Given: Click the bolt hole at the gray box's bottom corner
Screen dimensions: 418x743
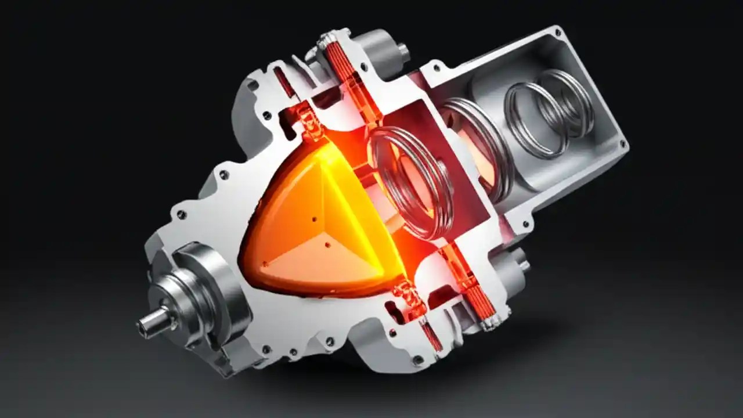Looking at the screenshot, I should click(525, 224).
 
